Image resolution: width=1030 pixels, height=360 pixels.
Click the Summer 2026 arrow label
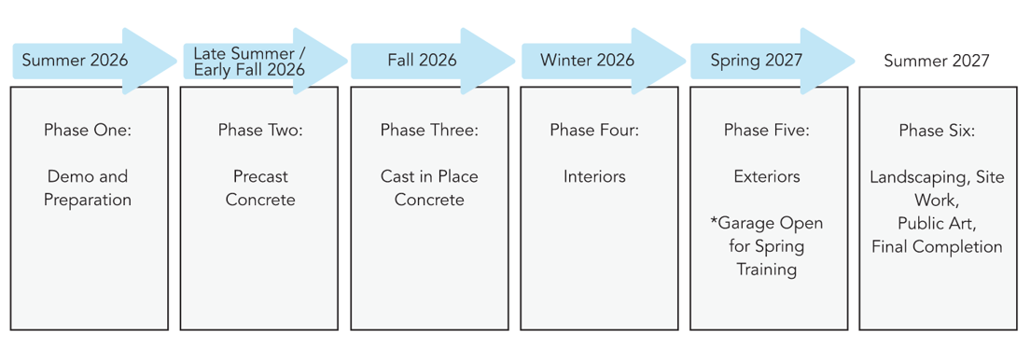point(75,61)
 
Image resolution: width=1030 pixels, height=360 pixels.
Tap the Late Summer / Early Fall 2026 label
point(249,61)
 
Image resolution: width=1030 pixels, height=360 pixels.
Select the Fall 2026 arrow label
point(422,61)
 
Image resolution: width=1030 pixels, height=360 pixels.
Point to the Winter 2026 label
point(587,61)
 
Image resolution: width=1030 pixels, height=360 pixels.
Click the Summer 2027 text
point(937,61)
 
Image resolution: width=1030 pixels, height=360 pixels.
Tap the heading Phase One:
point(88,130)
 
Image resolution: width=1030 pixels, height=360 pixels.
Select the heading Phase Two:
point(260,130)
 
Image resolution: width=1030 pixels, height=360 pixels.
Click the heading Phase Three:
point(429,130)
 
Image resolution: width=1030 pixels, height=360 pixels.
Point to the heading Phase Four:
point(594,130)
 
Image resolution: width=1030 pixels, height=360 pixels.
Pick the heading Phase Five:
point(767,130)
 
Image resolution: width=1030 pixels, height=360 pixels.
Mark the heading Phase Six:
point(937,130)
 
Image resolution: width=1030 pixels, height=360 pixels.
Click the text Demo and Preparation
point(88,187)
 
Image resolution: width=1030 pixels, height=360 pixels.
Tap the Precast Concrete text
point(260,187)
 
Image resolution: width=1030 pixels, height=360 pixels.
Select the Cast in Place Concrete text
point(429,187)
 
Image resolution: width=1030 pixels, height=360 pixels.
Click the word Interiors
point(594,176)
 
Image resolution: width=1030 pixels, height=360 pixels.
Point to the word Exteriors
point(767,176)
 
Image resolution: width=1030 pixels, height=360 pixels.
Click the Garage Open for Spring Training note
point(767,246)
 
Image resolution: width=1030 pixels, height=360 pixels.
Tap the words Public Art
point(937,224)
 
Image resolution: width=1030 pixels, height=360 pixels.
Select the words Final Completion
point(937,247)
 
